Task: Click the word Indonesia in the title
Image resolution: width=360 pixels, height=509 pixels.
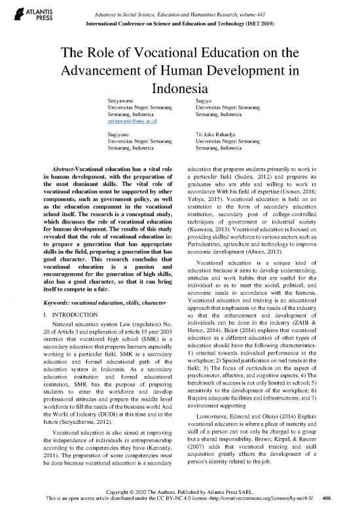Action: (179, 88)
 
